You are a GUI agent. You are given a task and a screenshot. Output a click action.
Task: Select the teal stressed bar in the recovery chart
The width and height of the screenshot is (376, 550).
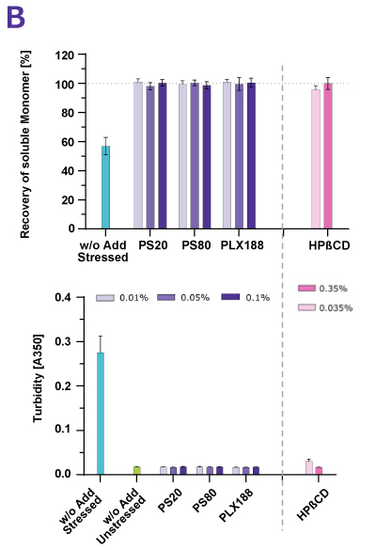point(106,187)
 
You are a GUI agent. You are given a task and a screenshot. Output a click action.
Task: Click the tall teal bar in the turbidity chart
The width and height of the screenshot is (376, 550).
point(100,413)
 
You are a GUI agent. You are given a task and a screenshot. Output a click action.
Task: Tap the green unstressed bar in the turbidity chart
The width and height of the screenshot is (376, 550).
point(137,469)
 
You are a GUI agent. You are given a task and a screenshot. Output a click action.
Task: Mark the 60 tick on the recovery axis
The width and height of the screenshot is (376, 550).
point(68,142)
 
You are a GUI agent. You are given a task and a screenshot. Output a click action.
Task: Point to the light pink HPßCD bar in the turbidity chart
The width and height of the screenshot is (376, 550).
point(309,466)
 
